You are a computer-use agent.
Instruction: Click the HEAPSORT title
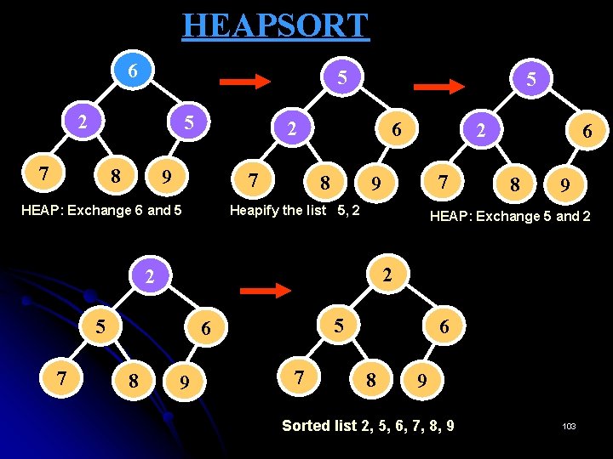click(275, 25)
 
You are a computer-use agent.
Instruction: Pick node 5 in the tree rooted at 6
click(191, 122)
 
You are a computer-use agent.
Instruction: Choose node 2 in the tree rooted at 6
click(82, 121)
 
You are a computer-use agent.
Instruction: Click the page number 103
click(569, 426)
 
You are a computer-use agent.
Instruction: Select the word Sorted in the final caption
click(306, 425)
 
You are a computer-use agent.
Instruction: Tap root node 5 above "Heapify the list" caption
click(341, 78)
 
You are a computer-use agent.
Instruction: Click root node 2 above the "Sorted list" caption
click(387, 275)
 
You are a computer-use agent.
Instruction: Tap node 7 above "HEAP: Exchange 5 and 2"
click(442, 181)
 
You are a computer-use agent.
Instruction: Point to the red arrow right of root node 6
click(244, 82)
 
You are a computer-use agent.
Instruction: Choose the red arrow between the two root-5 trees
click(437, 85)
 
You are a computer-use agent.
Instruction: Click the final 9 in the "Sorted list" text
click(450, 425)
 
